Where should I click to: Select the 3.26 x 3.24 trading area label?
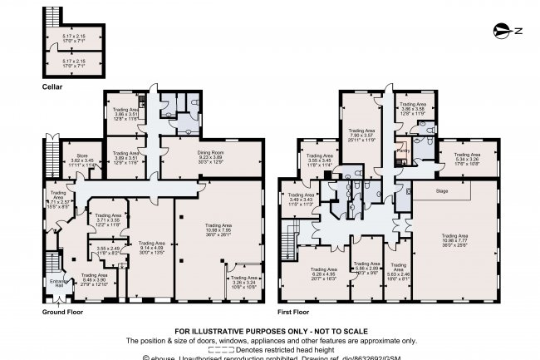pos(244,284)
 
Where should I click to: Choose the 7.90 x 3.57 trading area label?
pos(361,136)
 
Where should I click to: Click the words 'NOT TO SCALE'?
pos(332,329)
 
